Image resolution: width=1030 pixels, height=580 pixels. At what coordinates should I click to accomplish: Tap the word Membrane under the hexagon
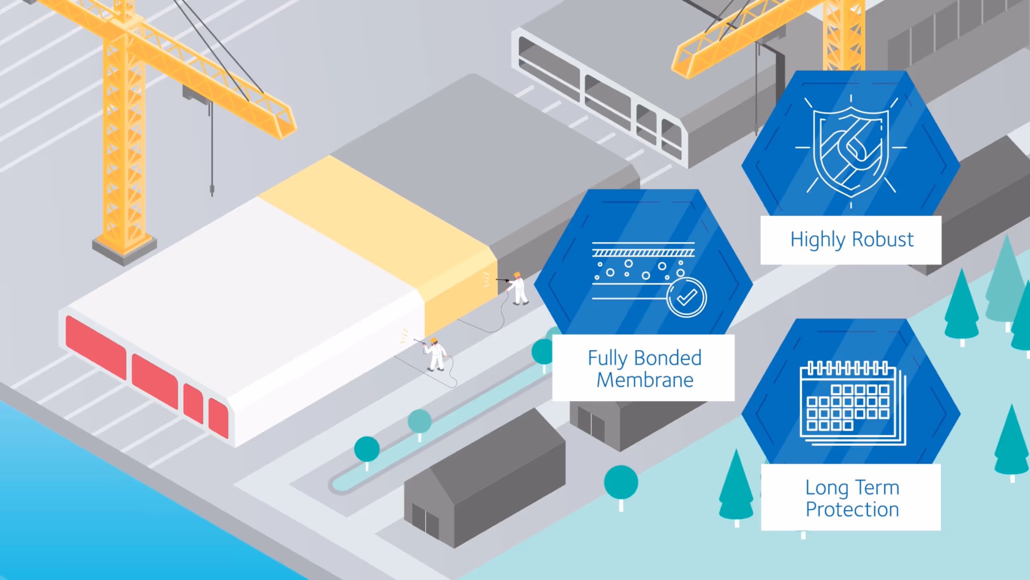(645, 380)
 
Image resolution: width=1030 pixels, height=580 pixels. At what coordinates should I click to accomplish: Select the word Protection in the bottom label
(852, 510)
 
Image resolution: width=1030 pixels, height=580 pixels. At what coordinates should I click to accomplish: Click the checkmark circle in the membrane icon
(686, 298)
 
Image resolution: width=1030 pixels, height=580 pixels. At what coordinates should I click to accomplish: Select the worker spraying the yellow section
(518, 288)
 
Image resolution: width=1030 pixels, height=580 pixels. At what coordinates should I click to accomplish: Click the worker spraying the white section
(435, 354)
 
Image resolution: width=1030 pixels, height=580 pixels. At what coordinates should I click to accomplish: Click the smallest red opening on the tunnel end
(218, 417)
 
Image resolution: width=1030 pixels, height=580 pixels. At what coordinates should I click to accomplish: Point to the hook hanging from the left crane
(212, 189)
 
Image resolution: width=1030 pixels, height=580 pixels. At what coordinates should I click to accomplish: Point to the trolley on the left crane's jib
(197, 93)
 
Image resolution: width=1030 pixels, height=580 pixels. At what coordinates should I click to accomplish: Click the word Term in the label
(877, 488)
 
